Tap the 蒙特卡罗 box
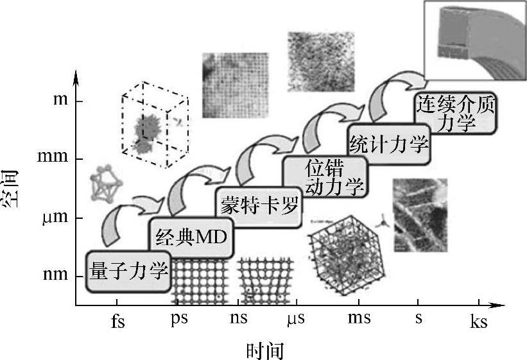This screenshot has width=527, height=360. [x=259, y=206]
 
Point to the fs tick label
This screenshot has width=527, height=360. [x=117, y=320]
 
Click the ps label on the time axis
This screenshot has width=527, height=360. [x=179, y=319]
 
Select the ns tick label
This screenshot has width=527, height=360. [x=239, y=319]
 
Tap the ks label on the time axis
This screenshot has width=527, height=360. [x=478, y=320]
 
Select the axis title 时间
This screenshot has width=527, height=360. [x=264, y=351]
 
